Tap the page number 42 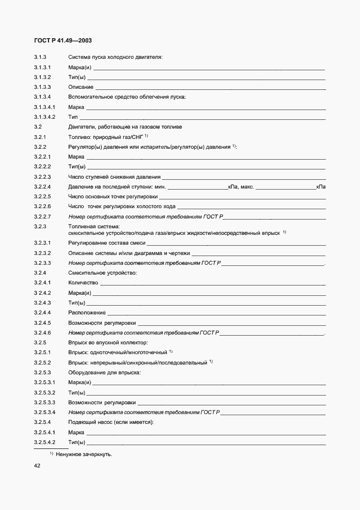(38, 466)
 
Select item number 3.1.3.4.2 (45, 117)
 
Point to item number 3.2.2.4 (42, 187)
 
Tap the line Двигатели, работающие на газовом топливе (125, 127)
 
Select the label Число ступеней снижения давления (114, 177)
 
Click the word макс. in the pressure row (246, 187)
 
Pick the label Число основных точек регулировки (113, 197)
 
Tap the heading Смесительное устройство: (102, 272)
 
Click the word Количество (83, 283)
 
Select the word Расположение (87, 313)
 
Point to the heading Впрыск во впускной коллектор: (108, 343)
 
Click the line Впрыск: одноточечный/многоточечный (118, 353)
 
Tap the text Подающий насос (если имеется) (111, 422)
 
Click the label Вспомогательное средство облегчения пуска (127, 97)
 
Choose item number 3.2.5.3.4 (45, 412)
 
